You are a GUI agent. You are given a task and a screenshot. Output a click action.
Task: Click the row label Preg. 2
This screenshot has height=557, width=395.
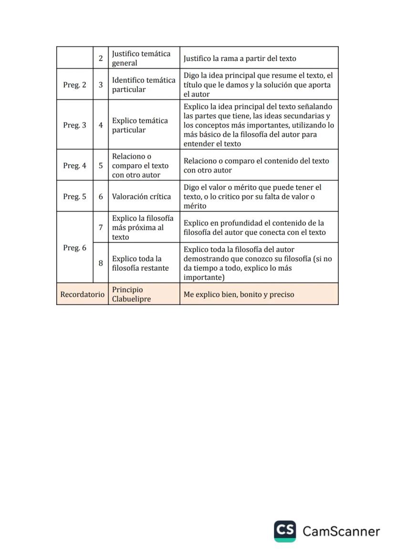[74, 85]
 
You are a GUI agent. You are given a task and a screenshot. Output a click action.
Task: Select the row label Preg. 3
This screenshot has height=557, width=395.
[74, 125]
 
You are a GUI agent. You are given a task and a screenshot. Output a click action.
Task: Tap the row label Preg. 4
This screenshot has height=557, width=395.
[74, 165]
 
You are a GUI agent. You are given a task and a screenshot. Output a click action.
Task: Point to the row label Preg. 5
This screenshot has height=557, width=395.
[74, 196]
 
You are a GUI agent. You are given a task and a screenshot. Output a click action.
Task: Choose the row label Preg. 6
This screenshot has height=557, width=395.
[74, 248]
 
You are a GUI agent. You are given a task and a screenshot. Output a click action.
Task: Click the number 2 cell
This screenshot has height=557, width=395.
[101, 58]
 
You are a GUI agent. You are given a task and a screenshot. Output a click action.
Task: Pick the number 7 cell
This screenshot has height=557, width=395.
[101, 227]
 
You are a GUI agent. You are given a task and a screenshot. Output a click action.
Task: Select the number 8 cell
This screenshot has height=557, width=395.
[101, 263]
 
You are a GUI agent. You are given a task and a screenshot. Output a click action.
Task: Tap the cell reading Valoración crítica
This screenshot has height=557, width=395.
[142, 196]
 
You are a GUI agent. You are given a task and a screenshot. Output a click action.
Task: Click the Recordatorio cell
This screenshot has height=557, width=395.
[82, 294]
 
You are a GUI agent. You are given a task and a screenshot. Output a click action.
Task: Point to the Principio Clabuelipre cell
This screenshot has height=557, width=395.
[131, 294]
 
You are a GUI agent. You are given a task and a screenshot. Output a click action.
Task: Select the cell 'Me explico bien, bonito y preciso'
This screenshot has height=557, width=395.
[239, 294]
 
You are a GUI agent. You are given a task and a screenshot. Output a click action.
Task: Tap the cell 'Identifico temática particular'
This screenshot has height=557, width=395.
[144, 85]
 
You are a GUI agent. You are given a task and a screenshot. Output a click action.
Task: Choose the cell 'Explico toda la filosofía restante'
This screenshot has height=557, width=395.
[140, 263]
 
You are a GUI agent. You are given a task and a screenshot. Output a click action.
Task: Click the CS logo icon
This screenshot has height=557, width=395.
[285, 531]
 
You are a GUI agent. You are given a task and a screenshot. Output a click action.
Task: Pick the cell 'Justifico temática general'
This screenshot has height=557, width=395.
[141, 58]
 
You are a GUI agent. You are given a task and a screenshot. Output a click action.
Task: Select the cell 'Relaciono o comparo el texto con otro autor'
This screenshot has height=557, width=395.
[140, 165]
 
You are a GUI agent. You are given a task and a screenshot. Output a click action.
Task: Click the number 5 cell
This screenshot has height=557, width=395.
[101, 165]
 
